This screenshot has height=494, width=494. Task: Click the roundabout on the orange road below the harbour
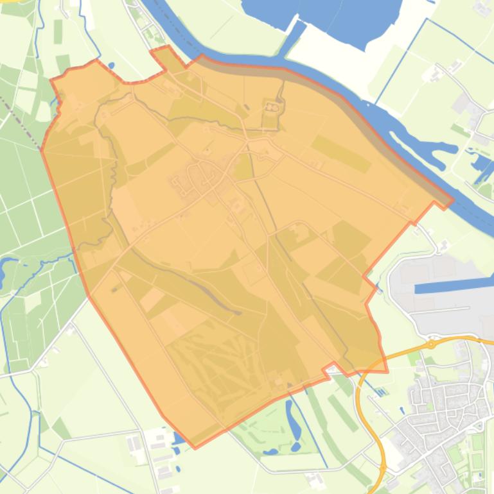pos(431,345)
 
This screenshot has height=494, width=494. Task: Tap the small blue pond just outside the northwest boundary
pos(111,65)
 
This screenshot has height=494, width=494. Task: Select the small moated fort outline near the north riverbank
pos(272,107)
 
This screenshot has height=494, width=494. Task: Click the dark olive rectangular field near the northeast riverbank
pos(340,153)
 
